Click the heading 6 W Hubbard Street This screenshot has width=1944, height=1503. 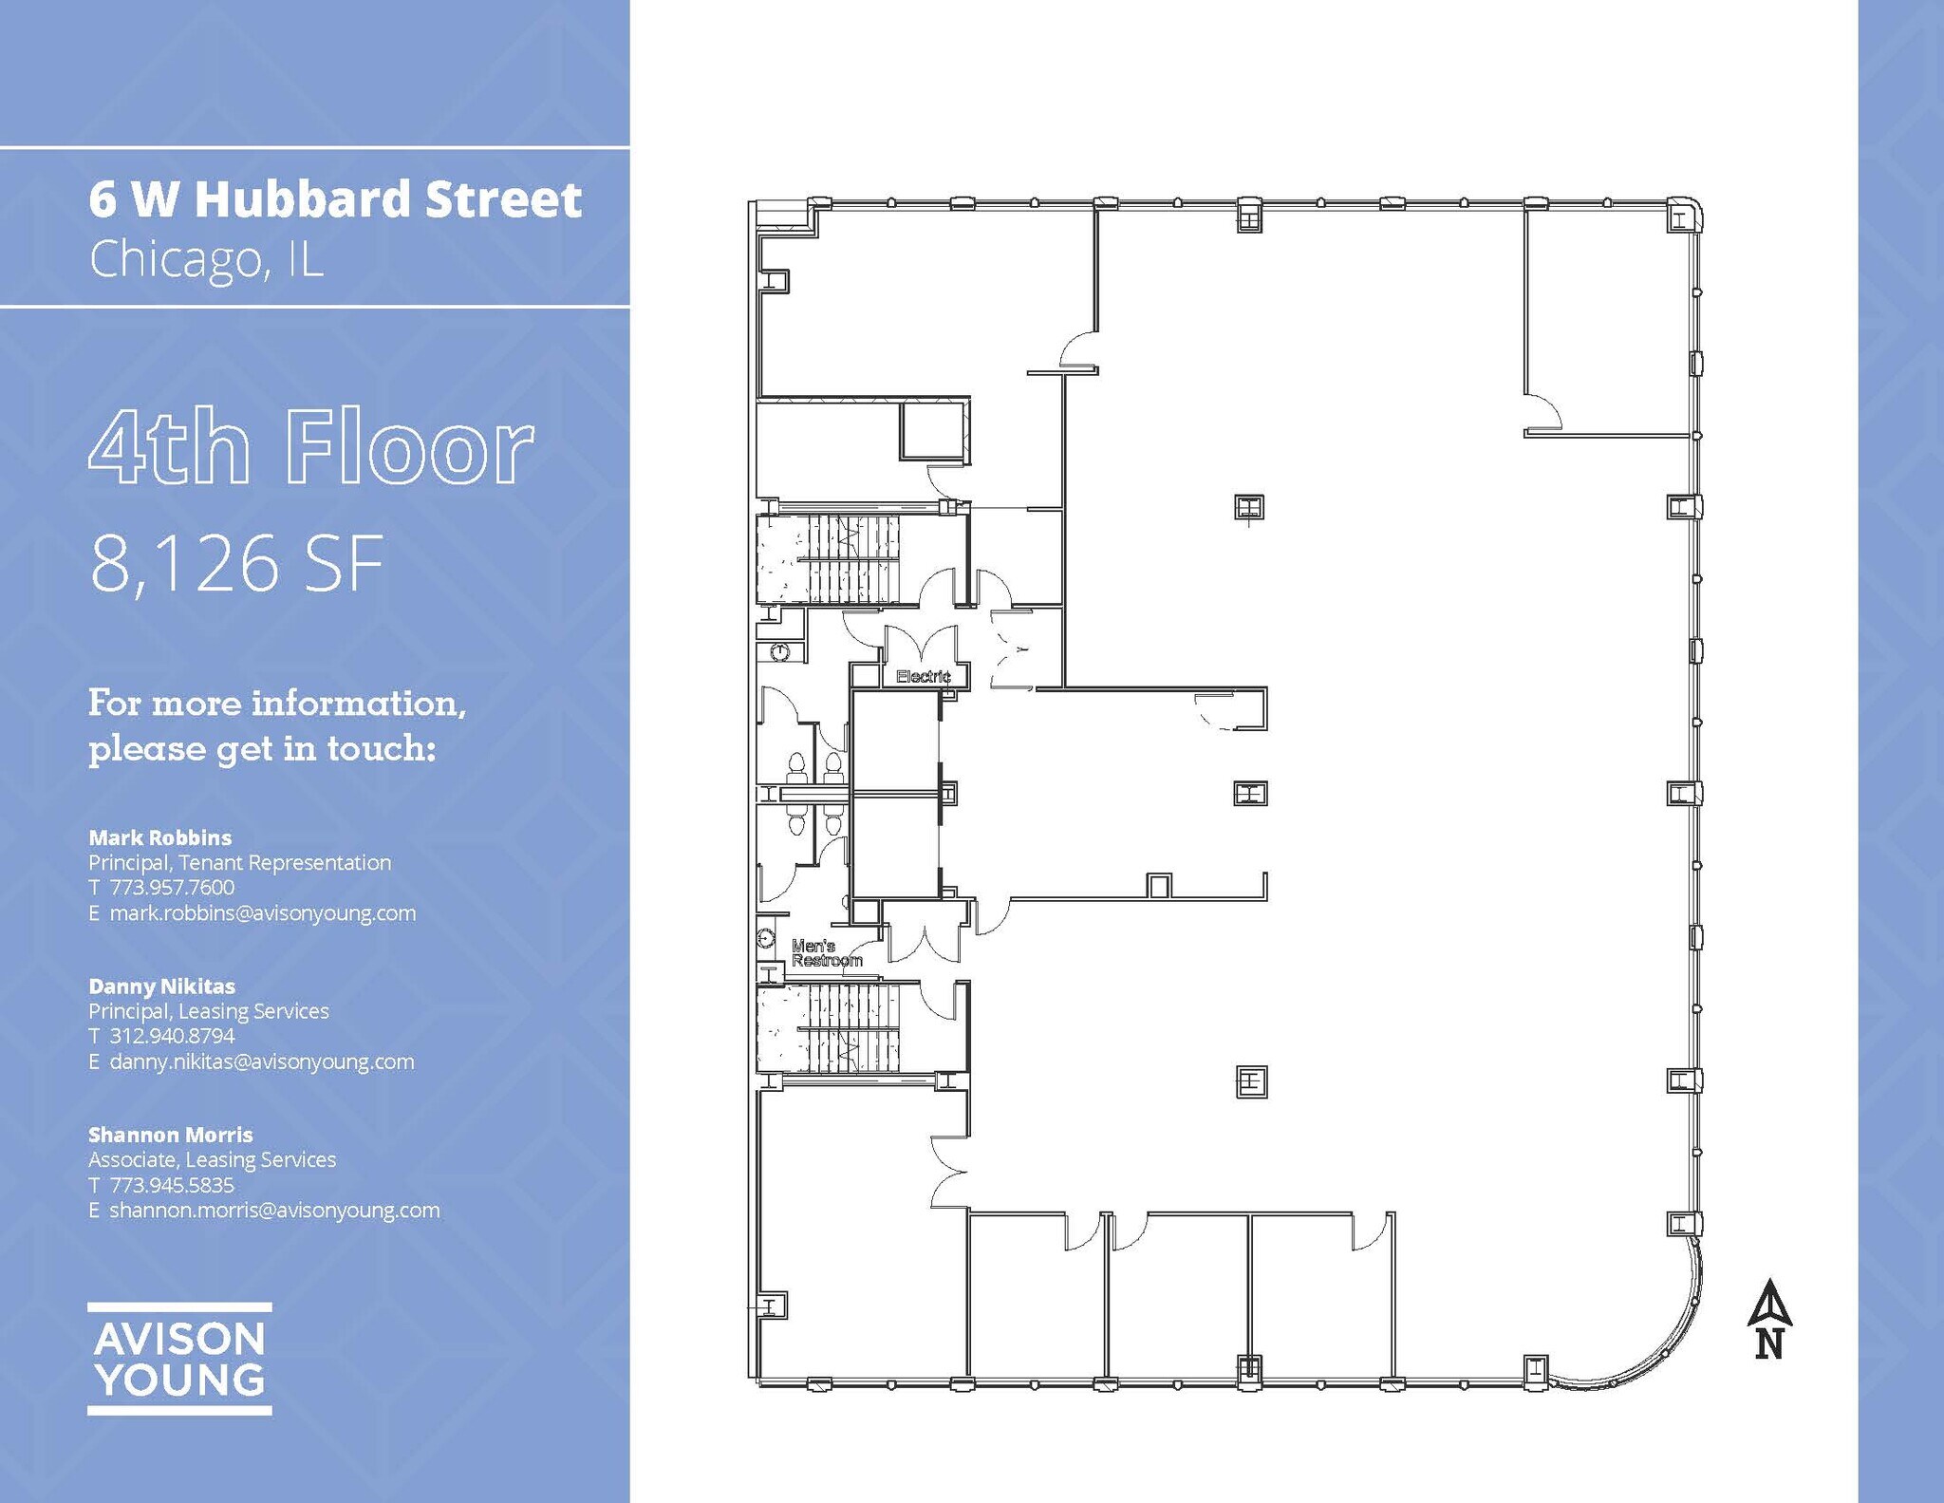point(335,199)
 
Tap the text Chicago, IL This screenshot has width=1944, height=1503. point(207,258)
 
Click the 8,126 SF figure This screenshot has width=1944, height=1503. point(237,563)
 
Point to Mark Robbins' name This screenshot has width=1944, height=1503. point(159,837)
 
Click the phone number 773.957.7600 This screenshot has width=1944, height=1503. point(172,887)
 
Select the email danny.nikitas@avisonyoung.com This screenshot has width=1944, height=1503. point(262,1061)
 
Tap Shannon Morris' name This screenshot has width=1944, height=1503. point(171,1135)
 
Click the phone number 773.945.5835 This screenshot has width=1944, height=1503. point(172,1185)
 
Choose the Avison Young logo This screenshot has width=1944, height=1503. point(179,1359)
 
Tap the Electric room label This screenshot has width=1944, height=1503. point(923,676)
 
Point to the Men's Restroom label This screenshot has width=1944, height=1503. point(826,952)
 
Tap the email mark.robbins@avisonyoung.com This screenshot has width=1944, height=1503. point(263,913)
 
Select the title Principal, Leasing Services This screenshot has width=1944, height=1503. point(209,1011)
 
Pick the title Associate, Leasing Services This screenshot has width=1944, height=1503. point(213,1159)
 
